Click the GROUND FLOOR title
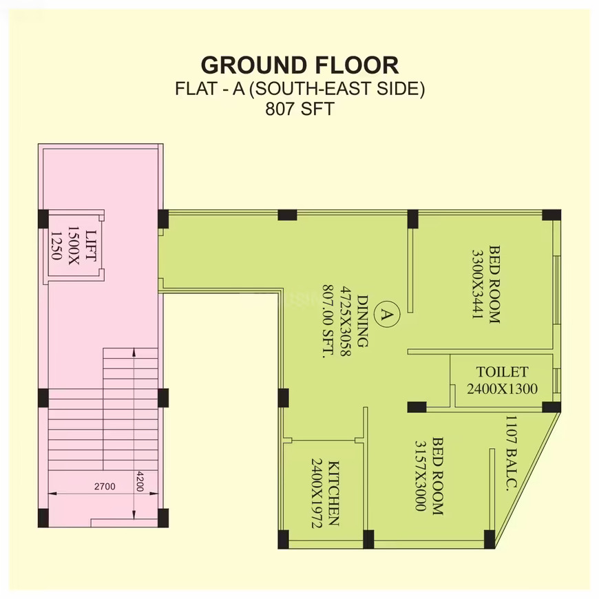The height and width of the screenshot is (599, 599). pyautogui.click(x=300, y=65)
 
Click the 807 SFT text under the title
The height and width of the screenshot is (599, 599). pyautogui.click(x=300, y=109)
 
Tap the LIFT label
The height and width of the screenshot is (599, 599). pyautogui.click(x=90, y=246)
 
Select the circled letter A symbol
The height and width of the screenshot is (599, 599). pyautogui.click(x=388, y=315)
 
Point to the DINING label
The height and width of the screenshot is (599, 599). pyautogui.click(x=363, y=321)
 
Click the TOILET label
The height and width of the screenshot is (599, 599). pyautogui.click(x=502, y=372)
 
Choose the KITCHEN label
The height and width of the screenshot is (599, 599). pyautogui.click(x=333, y=494)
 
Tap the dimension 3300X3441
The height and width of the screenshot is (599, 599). pyautogui.click(x=478, y=284)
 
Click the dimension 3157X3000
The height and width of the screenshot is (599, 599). pyautogui.click(x=421, y=476)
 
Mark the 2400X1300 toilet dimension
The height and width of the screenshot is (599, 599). pyautogui.click(x=502, y=389)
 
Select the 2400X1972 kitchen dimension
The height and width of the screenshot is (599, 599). pyautogui.click(x=317, y=494)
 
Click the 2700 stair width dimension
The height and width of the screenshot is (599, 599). pyautogui.click(x=105, y=486)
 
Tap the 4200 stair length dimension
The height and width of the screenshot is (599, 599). pyautogui.click(x=140, y=481)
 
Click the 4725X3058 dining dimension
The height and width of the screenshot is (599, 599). pyautogui.click(x=346, y=321)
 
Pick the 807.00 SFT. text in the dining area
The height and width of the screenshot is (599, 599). pyautogui.click(x=328, y=321)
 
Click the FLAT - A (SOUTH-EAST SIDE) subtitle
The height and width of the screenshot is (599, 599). pyautogui.click(x=300, y=89)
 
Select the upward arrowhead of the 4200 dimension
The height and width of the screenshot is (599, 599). pyautogui.click(x=134, y=353)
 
